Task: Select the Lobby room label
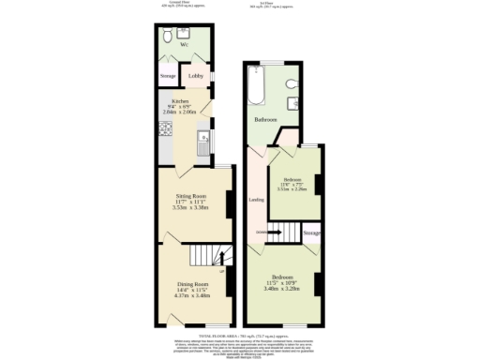pos(196,76)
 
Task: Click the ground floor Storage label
pos(168,76)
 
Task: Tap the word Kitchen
pos(180,100)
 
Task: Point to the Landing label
pos(255,199)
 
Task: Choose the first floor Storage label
pos(312,232)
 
